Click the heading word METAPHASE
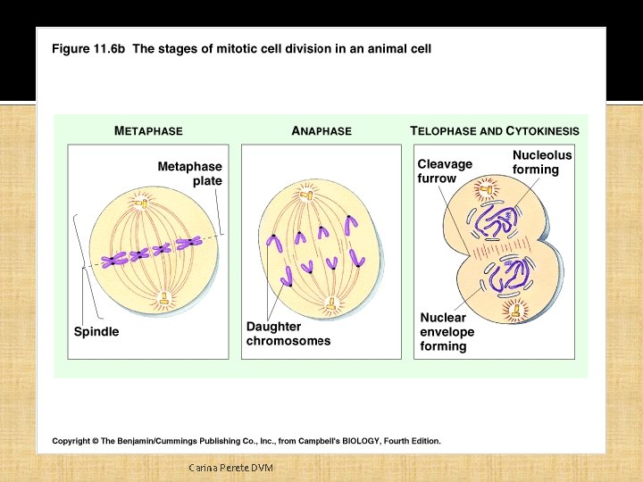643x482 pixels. pyautogui.click(x=148, y=130)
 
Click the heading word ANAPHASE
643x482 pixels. pyautogui.click(x=321, y=130)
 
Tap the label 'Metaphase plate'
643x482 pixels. pyautogui.click(x=190, y=173)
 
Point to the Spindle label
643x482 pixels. pyautogui.click(x=96, y=331)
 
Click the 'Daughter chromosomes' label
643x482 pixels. pyautogui.click(x=288, y=334)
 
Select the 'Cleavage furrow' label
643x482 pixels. pyautogui.click(x=445, y=171)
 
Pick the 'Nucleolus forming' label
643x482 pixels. pyautogui.click(x=541, y=162)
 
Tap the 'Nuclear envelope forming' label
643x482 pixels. pyautogui.click(x=447, y=331)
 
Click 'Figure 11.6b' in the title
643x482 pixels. pyautogui.click(x=88, y=49)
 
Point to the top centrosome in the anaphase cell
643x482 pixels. pyautogui.click(x=307, y=193)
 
